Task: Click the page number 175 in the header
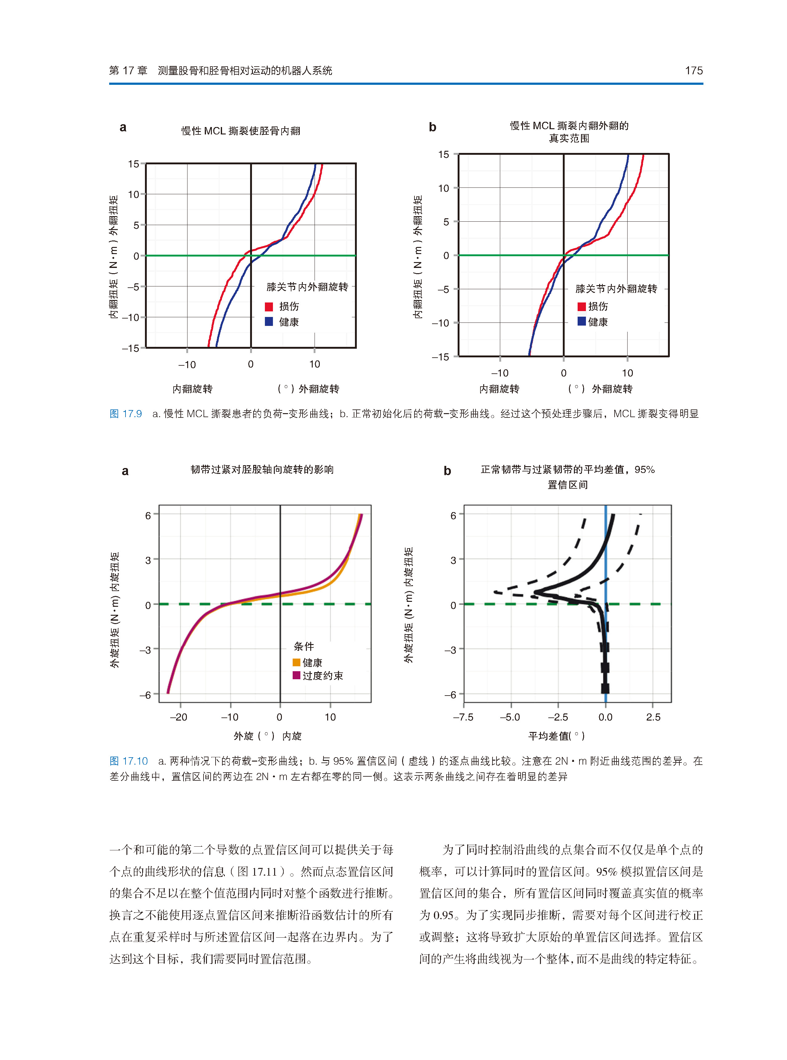pos(693,71)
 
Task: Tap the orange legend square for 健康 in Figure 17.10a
pos(296,662)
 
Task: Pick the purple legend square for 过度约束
pos(296,675)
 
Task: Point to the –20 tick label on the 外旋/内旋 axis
pos(179,717)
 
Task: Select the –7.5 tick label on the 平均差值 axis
pos(463,717)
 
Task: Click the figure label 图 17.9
pos(126,414)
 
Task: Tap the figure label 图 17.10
pos(129,761)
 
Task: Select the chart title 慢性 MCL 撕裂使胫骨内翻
pos(241,131)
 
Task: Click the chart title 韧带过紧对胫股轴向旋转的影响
pos(262,470)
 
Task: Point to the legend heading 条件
pos(304,646)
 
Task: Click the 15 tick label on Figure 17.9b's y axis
pos(443,155)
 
